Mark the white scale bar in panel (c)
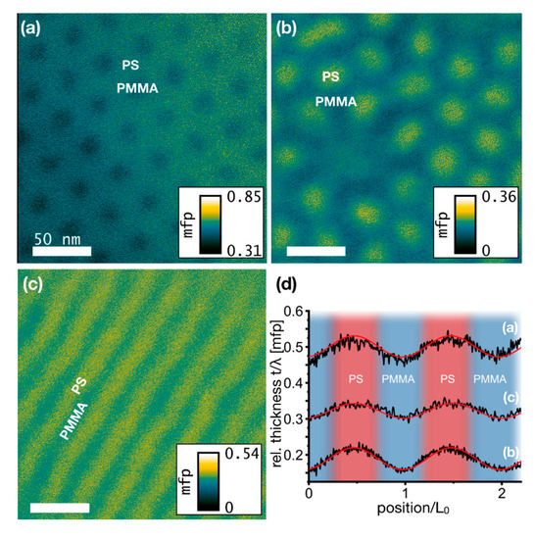coord(59,508)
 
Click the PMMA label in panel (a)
coord(131,87)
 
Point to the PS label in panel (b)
coord(332,75)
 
